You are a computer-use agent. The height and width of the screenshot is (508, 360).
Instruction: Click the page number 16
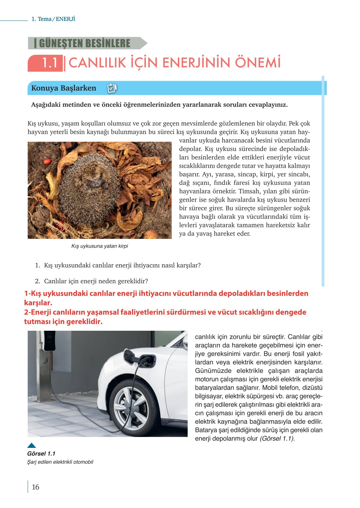36,487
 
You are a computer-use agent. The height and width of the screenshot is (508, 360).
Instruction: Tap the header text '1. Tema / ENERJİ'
53,19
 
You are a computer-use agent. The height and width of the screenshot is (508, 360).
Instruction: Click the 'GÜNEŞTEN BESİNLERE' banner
84,43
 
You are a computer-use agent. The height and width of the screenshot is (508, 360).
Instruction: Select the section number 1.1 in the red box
50,63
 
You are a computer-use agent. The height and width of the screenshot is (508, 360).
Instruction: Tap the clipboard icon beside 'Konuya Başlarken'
112,88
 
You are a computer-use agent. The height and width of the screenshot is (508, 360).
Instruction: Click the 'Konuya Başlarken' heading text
64,88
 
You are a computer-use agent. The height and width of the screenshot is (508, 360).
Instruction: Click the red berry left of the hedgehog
47,161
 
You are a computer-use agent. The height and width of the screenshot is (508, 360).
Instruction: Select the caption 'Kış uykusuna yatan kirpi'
99,246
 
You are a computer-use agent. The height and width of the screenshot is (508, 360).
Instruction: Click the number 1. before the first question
37,265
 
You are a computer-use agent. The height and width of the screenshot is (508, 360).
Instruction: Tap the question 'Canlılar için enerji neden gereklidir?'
96,281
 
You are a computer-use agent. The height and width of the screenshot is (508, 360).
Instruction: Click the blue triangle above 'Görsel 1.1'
32,445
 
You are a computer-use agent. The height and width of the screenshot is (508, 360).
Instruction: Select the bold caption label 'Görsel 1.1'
41,454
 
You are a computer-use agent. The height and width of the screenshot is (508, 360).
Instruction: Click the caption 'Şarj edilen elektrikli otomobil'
60,462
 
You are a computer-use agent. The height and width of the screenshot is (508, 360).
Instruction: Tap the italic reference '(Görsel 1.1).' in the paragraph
277,439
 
